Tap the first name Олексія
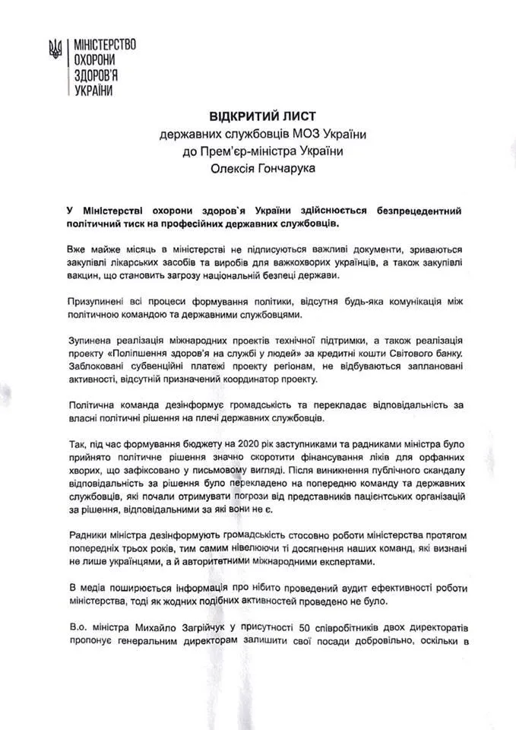[235, 168]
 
